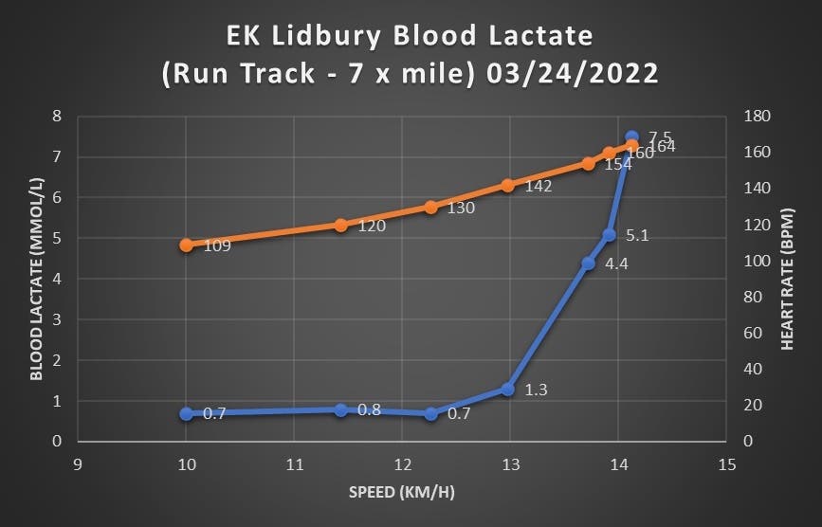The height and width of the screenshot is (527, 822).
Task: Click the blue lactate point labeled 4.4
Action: [588, 263]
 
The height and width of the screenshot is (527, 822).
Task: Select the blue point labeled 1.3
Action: [507, 390]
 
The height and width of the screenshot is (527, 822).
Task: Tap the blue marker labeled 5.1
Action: [610, 235]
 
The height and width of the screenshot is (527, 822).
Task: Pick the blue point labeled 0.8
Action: [340, 409]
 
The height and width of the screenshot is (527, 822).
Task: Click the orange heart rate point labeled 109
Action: [186, 245]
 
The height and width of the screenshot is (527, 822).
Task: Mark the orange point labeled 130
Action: [430, 207]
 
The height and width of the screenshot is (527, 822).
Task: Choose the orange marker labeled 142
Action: [507, 186]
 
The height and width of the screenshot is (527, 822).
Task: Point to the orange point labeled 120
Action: [340, 225]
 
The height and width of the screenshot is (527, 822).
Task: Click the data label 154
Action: [617, 164]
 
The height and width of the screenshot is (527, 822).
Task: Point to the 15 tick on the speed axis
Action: [727, 465]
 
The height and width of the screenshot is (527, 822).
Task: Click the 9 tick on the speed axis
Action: [78, 465]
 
